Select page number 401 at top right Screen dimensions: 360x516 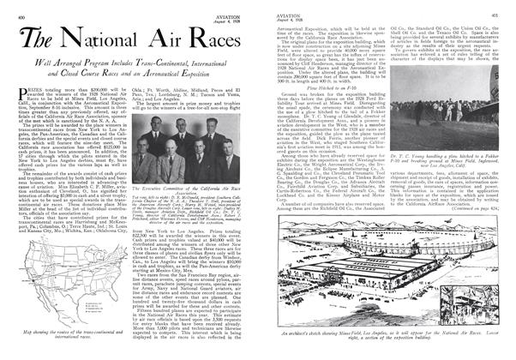coord(505,6)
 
